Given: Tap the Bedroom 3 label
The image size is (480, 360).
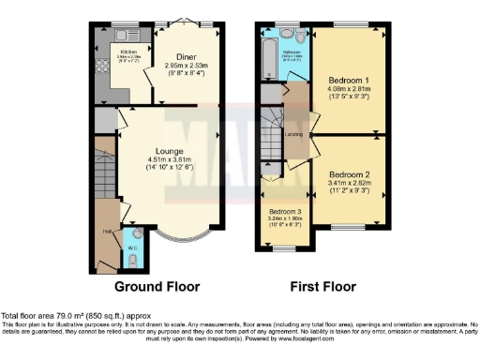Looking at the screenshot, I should (285, 212).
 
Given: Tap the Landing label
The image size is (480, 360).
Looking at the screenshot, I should (294, 143).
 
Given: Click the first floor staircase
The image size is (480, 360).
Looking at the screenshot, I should (272, 125).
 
